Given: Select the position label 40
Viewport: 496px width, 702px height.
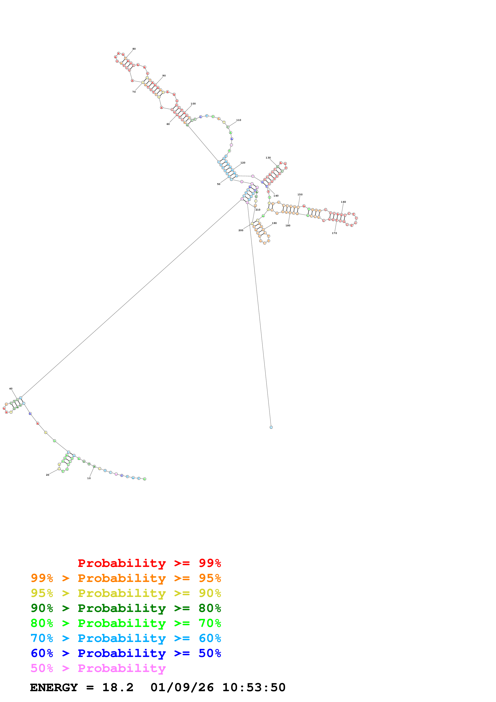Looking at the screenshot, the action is (11, 389).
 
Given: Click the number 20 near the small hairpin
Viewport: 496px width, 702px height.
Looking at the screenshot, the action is (47, 475).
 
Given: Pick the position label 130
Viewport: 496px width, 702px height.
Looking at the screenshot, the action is (268, 158).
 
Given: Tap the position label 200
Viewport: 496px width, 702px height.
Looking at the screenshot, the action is (241, 230).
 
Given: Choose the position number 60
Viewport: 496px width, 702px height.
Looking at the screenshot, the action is (168, 124).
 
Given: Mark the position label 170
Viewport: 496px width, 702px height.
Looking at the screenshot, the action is (334, 233).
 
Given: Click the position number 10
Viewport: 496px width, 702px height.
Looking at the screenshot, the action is (89, 478).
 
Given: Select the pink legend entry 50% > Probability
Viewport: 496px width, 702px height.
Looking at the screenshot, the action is (98, 668).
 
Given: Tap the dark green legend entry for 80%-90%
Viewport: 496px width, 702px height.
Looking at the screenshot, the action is (126, 608).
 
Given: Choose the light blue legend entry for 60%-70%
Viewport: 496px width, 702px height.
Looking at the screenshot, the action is (126, 638).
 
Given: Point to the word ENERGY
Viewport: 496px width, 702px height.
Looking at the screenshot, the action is (54, 688).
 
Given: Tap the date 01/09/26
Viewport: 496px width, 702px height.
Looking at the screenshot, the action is (182, 688).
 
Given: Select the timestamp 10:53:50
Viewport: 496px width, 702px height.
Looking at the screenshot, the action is (254, 688).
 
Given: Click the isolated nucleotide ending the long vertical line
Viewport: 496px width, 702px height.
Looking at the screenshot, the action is (271, 427).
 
